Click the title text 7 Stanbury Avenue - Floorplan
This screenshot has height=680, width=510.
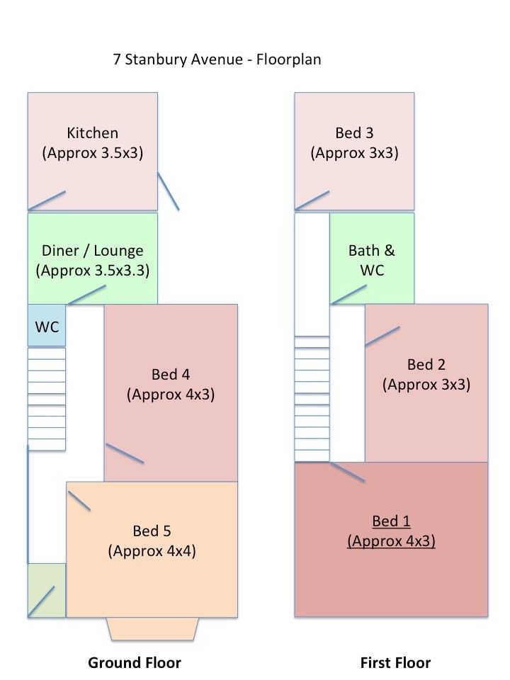click(217, 59)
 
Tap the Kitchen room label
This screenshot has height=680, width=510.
click(92, 133)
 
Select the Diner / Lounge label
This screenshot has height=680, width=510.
click(92, 250)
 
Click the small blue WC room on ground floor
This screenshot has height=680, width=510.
click(47, 327)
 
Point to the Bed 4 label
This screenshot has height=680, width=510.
click(171, 374)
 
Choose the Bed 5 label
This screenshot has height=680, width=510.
click(152, 531)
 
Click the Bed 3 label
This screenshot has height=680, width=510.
click(354, 133)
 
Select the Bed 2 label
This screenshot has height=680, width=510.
click(426, 365)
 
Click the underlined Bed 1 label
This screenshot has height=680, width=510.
click(391, 522)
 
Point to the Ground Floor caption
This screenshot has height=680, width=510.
click(135, 663)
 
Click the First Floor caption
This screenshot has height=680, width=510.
click(395, 663)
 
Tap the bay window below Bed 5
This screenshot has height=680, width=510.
click(152, 628)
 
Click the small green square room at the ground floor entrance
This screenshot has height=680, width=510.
click(47, 590)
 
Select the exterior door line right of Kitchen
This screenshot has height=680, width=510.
click(168, 191)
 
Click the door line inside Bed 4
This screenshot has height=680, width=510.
click(125, 453)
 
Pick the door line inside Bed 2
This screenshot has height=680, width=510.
click(382, 336)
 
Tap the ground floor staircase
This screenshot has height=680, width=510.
click(47, 399)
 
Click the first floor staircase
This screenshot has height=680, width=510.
click(312, 399)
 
